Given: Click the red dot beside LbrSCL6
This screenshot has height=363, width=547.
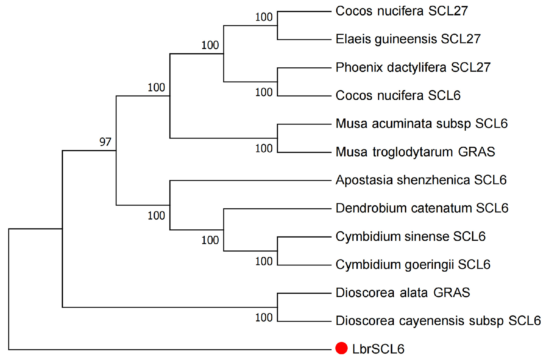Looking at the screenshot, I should coord(341,348).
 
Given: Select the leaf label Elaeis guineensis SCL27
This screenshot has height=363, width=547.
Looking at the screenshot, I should coord(408,39).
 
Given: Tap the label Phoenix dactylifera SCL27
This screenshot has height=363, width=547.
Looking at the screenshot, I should coord(413,67).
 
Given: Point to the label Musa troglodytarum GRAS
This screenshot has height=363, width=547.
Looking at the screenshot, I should coord(415,152).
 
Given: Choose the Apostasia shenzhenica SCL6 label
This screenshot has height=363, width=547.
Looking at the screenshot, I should coord(421,180).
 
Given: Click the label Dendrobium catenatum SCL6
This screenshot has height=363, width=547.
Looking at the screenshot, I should coord(422,208).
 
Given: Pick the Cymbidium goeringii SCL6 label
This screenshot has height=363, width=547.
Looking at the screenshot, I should coord(413,265).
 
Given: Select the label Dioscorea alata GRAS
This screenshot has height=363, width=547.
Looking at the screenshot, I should coord(403,293).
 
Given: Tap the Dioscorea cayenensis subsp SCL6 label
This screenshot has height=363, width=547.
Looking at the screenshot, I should coord(438,321).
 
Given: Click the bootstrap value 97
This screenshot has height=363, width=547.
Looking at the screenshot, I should coord(105,142).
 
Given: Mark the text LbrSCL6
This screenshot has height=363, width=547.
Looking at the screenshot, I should coord(378,349).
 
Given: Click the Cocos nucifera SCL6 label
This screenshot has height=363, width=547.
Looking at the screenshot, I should coord(398,96).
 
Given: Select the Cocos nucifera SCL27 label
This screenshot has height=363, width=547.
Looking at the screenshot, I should coord(401,11).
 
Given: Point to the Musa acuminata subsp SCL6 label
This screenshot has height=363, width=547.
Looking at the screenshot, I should coord(421,124).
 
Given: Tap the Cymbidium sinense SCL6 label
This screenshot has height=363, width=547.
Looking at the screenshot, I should coord(410,236).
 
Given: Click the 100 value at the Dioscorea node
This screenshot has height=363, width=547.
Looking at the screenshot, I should coord(264,318).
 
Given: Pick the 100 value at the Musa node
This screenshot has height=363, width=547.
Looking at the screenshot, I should coord(264,149).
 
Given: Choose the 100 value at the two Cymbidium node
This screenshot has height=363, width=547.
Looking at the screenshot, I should coord(264,261).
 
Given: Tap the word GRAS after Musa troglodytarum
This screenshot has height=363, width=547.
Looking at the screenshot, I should coord(476,152).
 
